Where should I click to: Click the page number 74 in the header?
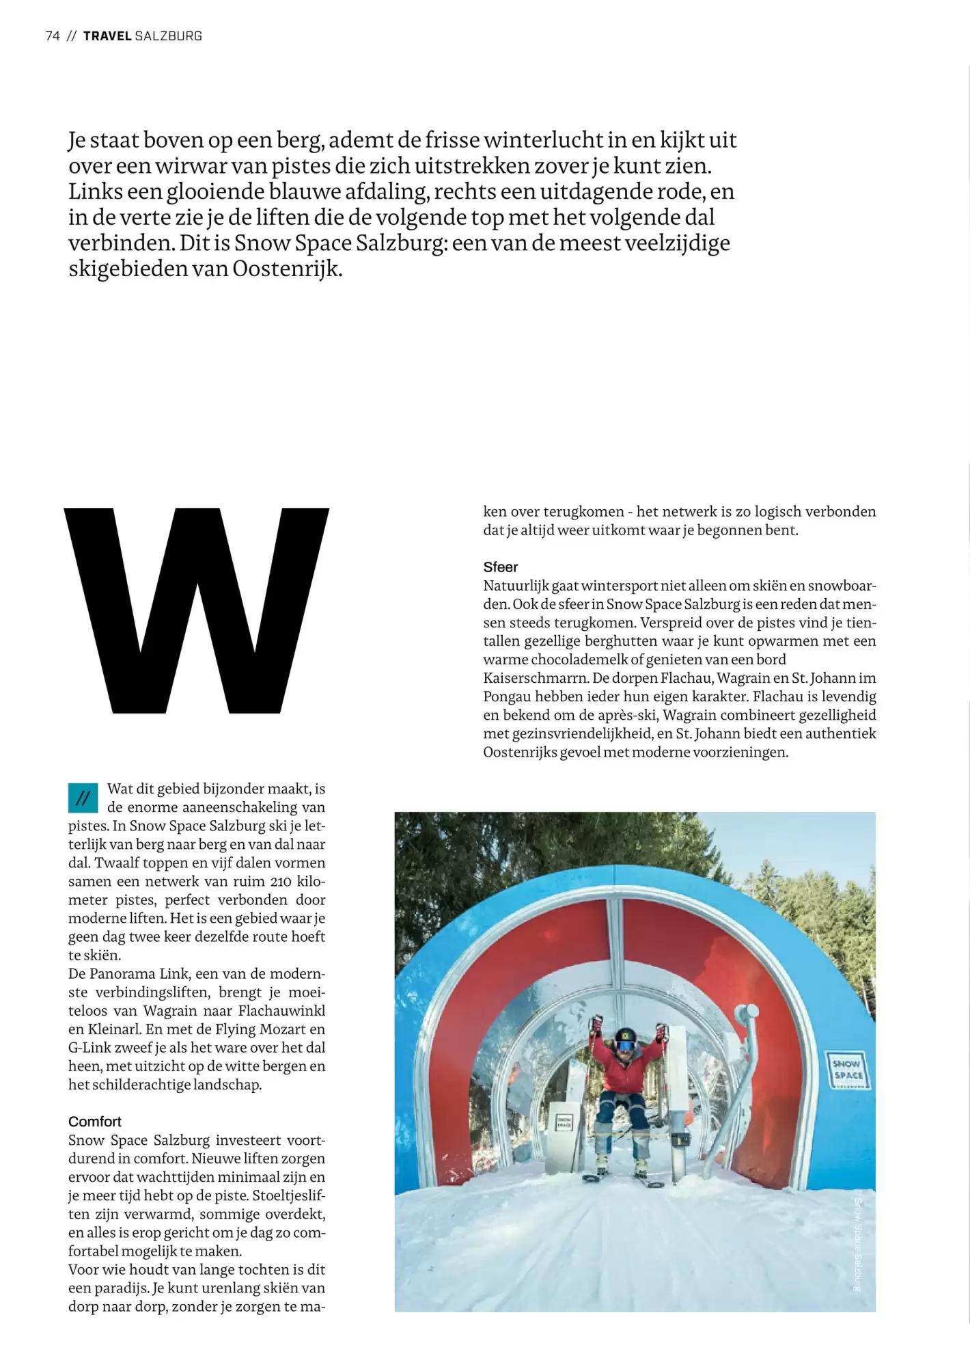click(x=53, y=36)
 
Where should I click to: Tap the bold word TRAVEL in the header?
click(x=107, y=36)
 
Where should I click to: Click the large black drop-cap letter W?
click(x=197, y=610)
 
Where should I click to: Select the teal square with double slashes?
click(x=83, y=798)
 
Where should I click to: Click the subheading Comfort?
click(x=94, y=1122)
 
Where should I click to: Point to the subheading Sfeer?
click(x=500, y=567)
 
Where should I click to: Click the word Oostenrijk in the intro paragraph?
click(x=285, y=269)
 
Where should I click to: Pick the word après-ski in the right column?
click(x=624, y=716)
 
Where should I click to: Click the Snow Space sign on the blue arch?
click(x=847, y=1070)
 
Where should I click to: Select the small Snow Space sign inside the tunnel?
click(x=564, y=1122)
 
